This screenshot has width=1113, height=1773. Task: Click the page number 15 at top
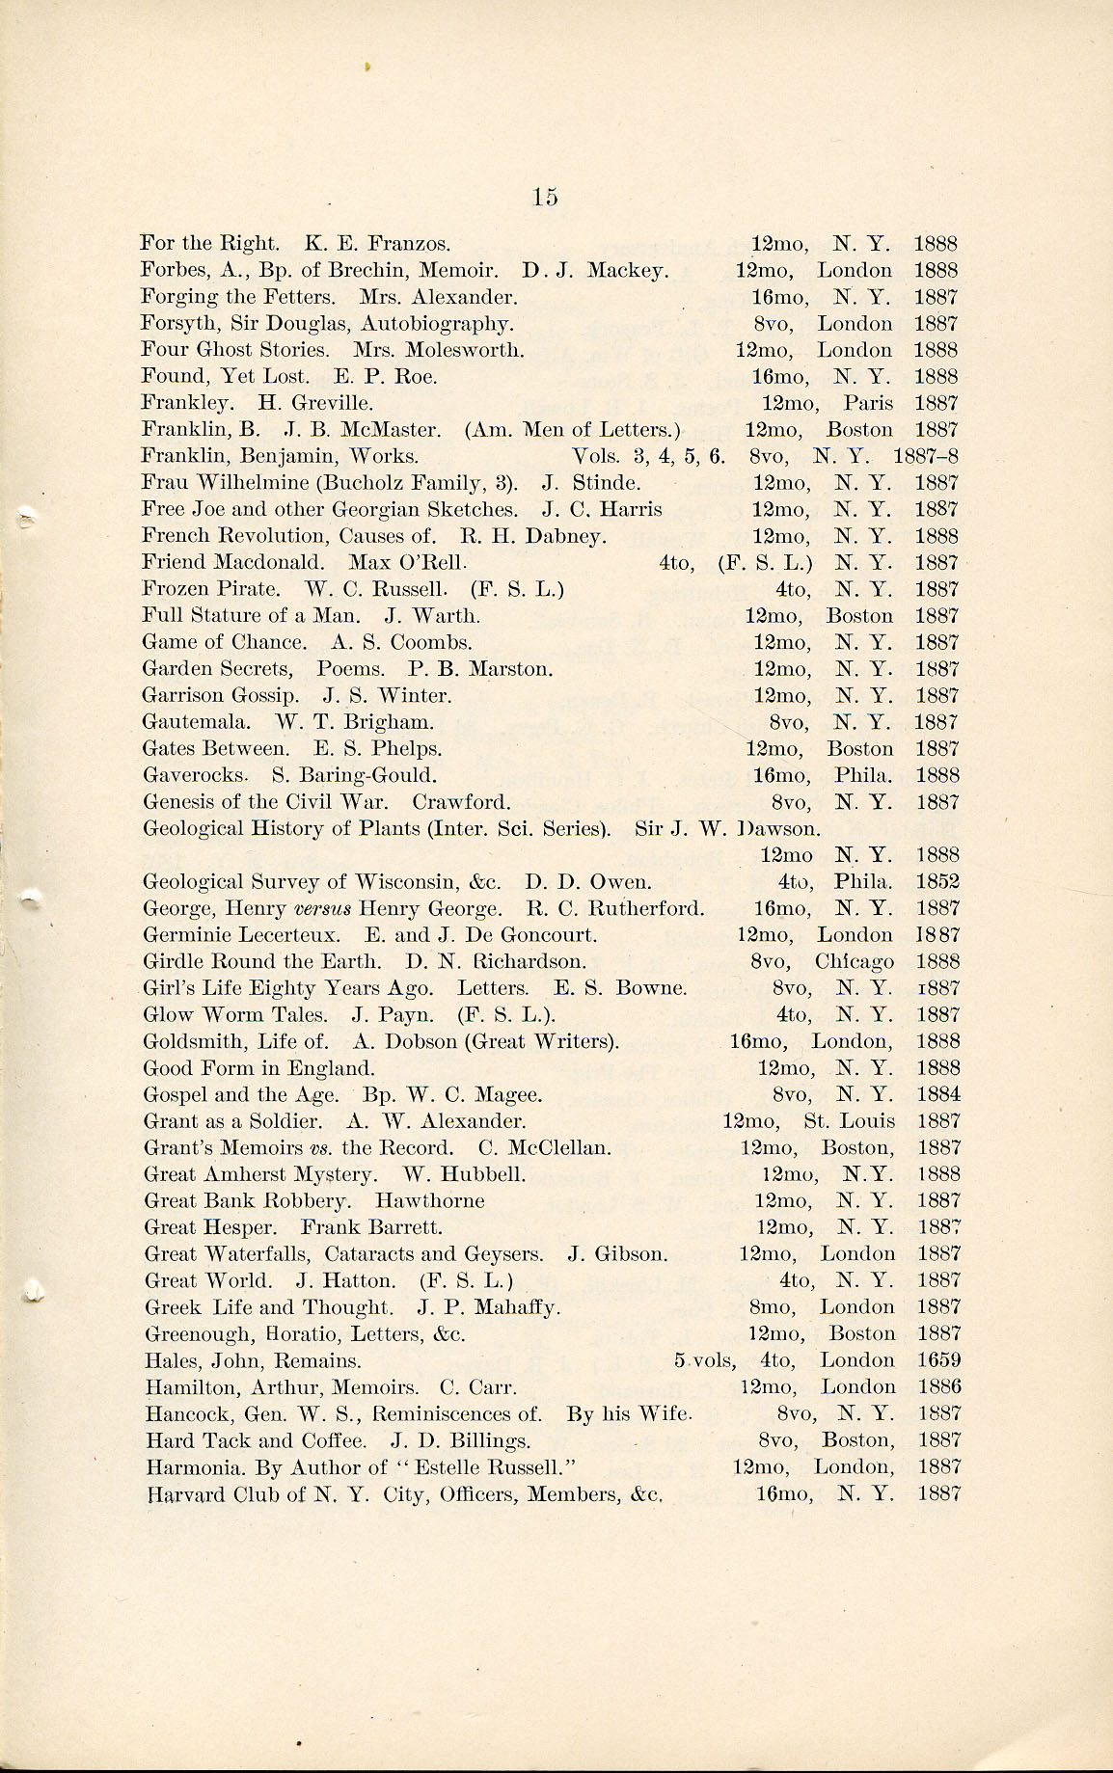coord(544,197)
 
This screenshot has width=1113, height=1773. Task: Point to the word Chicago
coord(854,961)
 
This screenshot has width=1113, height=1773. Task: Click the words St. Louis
coord(849,1121)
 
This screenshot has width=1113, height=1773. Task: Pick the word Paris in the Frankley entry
coord(868,403)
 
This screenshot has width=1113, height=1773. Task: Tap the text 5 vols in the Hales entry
coord(703,1360)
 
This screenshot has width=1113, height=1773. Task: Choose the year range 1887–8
coord(925,456)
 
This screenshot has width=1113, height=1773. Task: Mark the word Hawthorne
coord(429,1201)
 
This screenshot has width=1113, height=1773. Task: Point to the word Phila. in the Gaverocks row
coord(863,775)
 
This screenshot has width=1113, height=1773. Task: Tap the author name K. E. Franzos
coord(377,243)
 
